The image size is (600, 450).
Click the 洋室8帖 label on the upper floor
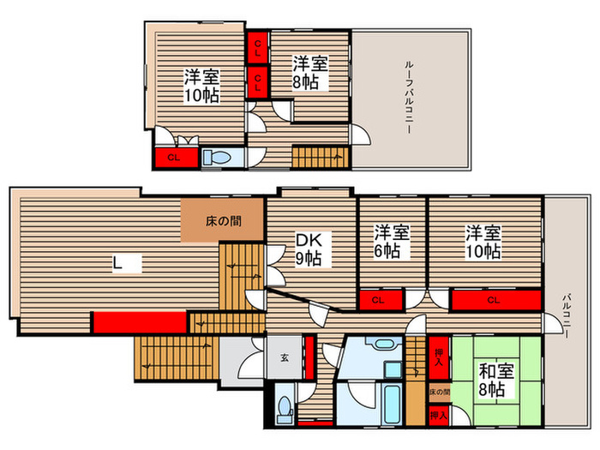[306, 73]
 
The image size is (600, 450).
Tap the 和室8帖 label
[491, 381]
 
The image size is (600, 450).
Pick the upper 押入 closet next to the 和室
[439, 355]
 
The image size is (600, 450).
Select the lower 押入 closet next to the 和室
[439, 415]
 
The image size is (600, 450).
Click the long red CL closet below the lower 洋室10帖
[495, 300]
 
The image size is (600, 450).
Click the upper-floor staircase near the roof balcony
[319, 157]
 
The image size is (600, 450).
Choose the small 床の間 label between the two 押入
[439, 393]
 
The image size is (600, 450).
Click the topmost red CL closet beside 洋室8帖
[257, 45]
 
